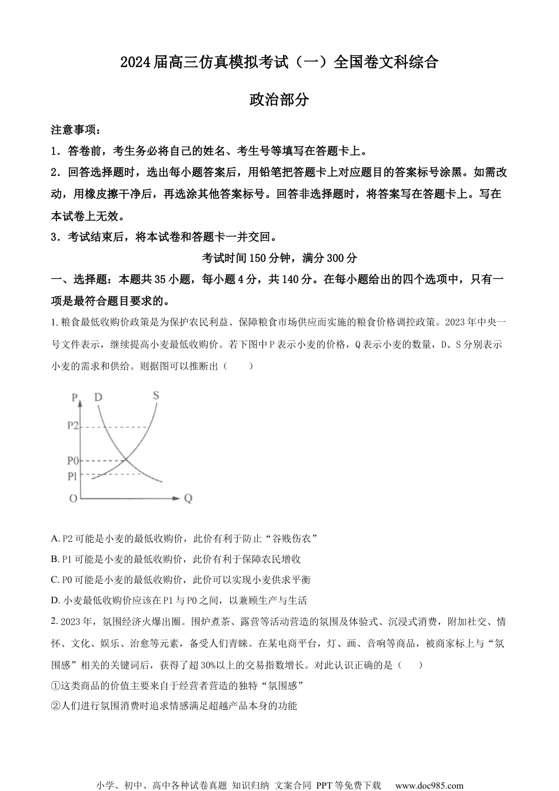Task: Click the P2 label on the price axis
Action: [73, 426]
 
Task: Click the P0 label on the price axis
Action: [73, 460]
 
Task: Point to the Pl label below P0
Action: [73, 475]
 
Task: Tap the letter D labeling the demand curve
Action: [98, 397]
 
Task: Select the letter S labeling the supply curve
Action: [156, 395]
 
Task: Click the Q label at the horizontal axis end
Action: [188, 498]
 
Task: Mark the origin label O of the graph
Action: [73, 498]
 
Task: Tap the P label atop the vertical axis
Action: [75, 398]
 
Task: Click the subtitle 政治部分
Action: [279, 100]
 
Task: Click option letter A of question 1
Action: [55, 539]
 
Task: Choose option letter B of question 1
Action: [55, 559]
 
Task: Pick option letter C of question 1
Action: [55, 580]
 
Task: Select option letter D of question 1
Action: [55, 601]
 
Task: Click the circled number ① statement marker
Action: [56, 686]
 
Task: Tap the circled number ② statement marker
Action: [56, 706]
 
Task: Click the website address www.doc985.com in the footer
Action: [429, 785]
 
